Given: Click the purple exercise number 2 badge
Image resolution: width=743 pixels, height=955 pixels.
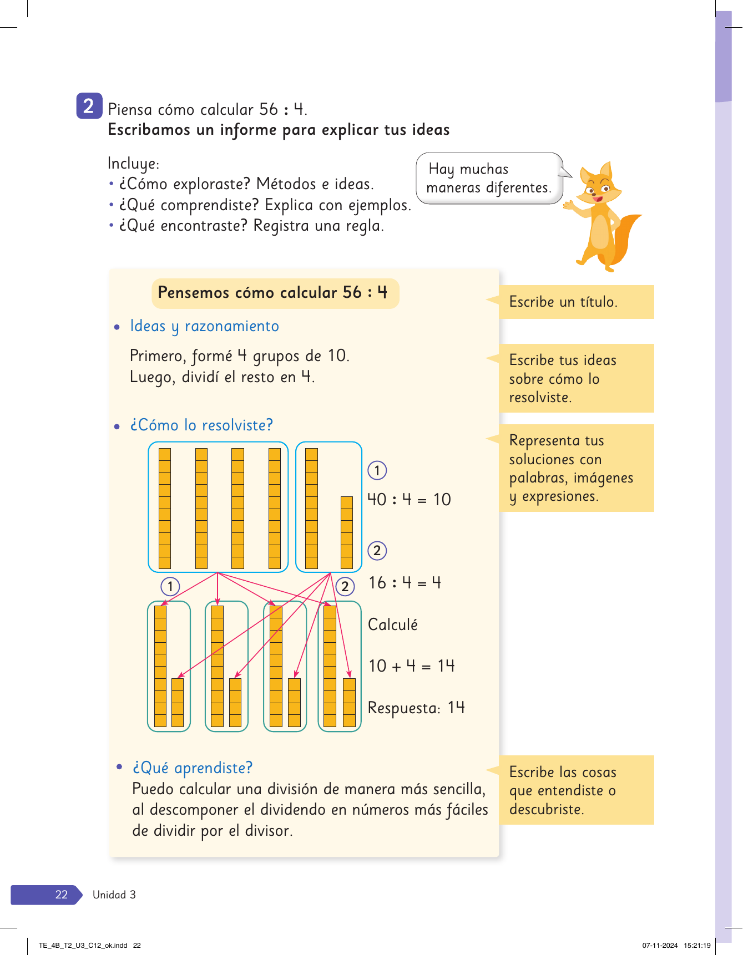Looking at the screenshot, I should (x=89, y=105).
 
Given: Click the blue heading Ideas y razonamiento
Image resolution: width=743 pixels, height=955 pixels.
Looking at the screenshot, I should (x=204, y=326).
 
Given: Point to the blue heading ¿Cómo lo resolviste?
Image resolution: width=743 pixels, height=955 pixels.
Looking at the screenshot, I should (x=201, y=425).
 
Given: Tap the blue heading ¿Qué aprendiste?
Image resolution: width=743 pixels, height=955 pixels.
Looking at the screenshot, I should (x=192, y=768).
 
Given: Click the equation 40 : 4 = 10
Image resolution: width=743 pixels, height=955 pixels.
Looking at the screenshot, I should (x=409, y=500).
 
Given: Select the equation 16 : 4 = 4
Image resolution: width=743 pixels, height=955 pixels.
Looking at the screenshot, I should (x=405, y=583).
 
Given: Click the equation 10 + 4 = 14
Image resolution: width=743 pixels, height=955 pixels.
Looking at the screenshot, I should (x=411, y=666).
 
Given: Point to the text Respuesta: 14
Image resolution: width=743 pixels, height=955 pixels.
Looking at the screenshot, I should (x=416, y=708).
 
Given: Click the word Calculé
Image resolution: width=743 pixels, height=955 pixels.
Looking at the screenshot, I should (x=393, y=625).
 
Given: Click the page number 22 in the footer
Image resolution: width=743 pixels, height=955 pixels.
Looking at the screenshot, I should (x=61, y=895).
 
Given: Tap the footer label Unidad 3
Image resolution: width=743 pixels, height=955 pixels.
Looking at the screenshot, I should (x=114, y=895).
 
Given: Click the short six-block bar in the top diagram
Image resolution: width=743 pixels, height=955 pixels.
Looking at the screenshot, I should (x=347, y=532).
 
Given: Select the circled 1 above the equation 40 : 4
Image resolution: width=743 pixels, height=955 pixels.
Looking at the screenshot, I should (x=377, y=471).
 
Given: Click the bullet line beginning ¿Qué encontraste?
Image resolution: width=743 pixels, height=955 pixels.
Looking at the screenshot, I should (x=251, y=226).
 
